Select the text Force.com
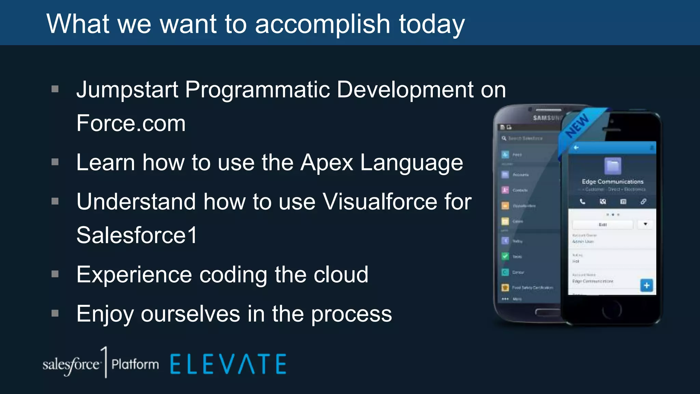coord(131,123)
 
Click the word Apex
coord(326,162)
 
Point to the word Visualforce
coord(380,201)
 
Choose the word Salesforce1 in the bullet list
coord(137,235)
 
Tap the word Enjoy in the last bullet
coord(105,314)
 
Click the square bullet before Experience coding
coord(55,274)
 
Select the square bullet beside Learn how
coord(55,162)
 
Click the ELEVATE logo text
coord(228,364)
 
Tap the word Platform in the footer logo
coord(135,365)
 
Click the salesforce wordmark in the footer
coord(71,365)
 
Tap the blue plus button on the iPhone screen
coord(646,285)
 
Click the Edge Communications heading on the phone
coord(612,182)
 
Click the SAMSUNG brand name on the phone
coord(547,118)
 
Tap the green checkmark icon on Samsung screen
coord(505,256)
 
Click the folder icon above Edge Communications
coord(612,166)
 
